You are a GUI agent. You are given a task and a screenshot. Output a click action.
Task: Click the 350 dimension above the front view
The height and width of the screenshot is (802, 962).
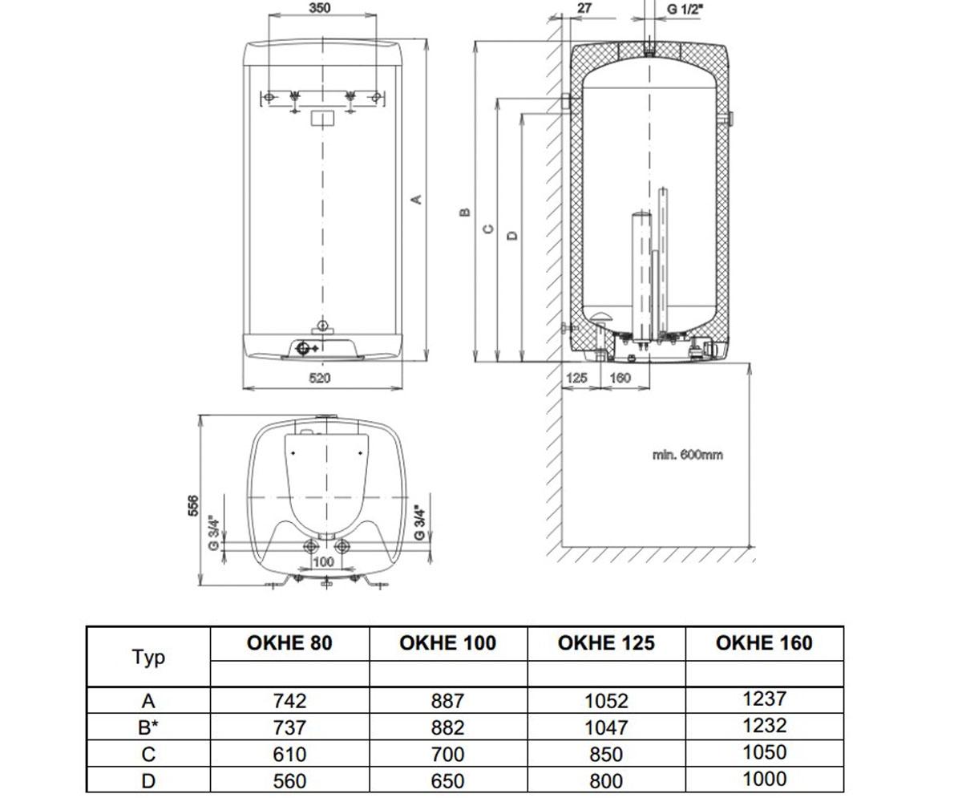coord(320,8)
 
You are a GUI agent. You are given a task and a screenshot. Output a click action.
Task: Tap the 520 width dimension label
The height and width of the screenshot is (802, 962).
coord(320,378)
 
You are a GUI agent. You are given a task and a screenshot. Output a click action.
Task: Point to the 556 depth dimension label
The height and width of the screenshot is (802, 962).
coord(193,505)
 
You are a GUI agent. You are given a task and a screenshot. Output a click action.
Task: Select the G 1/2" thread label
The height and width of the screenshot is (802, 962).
coord(685,9)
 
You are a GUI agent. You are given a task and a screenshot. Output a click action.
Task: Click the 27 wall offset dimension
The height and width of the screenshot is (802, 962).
coord(584,8)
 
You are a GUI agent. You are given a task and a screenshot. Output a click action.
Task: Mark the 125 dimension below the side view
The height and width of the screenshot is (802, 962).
coord(576,378)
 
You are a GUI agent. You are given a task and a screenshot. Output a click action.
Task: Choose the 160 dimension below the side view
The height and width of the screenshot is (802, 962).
coord(620,378)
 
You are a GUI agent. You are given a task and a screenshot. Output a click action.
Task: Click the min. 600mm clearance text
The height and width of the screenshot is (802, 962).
coord(688,455)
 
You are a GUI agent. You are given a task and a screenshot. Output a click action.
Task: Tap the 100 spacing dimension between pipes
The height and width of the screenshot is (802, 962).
coord(323,561)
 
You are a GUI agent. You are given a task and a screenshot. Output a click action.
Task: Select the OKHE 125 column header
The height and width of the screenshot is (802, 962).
coord(606,643)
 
